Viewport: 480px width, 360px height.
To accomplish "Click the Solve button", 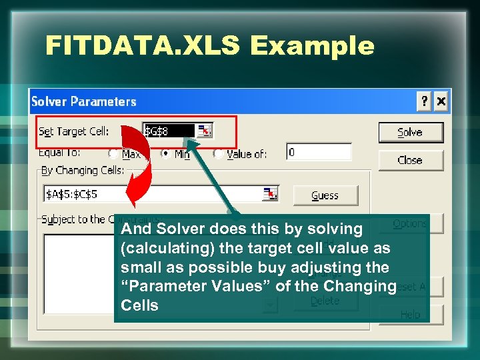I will [x=410, y=132].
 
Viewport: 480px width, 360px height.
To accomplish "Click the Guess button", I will [x=325, y=195].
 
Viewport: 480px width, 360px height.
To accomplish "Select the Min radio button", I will [x=165, y=153].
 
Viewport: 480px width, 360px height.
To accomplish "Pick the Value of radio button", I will [x=218, y=153].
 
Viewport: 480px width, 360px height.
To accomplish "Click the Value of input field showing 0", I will [x=318, y=153].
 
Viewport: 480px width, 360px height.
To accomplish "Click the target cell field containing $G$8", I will [x=169, y=131].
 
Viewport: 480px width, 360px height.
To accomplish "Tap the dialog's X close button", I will [x=440, y=101].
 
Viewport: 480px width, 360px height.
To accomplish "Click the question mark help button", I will [x=424, y=101].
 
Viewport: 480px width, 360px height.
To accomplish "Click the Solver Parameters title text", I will [x=84, y=101].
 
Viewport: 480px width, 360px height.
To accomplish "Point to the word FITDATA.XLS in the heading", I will [x=143, y=45].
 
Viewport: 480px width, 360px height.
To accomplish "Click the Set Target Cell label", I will [x=74, y=131].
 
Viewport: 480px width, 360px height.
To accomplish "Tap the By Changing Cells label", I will [x=83, y=170].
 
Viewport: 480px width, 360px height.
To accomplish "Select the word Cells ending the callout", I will [x=139, y=305].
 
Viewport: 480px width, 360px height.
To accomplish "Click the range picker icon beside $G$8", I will [x=205, y=131].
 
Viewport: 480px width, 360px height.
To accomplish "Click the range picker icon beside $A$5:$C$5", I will [x=269, y=194].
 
